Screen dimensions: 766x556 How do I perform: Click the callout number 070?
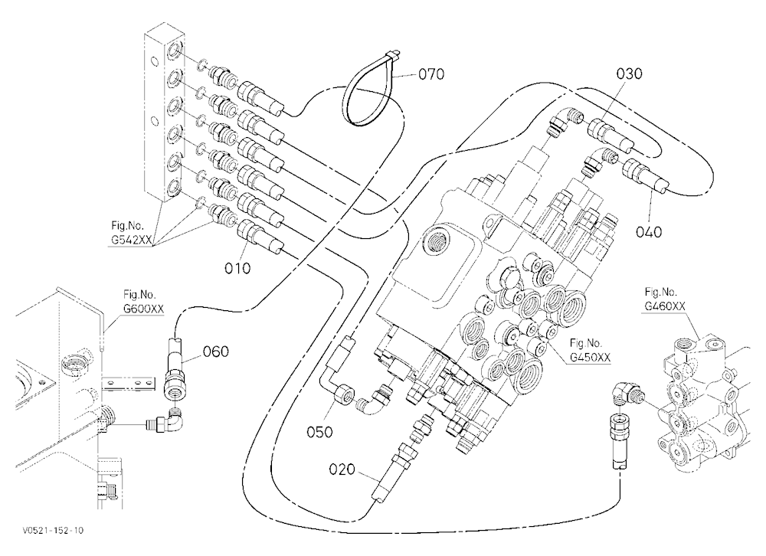[430, 74]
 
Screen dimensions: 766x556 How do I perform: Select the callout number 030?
[629, 74]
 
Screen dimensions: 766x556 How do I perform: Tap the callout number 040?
[649, 231]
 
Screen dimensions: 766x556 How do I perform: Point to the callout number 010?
[237, 268]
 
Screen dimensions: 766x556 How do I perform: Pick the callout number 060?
[215, 352]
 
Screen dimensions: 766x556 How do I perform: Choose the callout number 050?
[319, 432]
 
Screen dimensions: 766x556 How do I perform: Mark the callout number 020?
[342, 469]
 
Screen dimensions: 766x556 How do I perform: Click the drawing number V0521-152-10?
[53, 531]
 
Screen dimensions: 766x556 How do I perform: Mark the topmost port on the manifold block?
[174, 51]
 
